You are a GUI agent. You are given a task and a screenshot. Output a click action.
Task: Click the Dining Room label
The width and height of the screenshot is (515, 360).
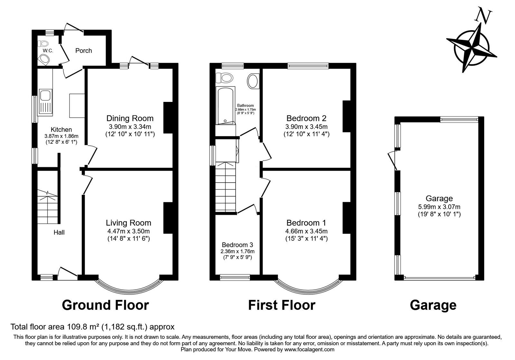130,118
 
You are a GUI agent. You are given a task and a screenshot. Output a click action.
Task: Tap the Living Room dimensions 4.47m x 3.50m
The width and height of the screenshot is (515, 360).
128,231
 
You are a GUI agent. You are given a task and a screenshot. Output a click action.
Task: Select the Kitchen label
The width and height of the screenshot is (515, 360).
61,130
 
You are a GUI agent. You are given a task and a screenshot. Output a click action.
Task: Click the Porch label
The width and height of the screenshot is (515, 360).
84,50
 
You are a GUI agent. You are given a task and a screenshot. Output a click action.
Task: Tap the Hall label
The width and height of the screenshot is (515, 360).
59,232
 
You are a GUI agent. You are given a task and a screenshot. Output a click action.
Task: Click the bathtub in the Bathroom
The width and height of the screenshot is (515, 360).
225,106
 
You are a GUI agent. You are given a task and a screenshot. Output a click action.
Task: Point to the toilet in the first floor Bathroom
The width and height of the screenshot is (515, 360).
224,77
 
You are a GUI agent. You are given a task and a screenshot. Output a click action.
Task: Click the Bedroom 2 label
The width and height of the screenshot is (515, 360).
306,118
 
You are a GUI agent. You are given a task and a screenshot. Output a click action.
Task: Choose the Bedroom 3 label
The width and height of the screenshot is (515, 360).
238,245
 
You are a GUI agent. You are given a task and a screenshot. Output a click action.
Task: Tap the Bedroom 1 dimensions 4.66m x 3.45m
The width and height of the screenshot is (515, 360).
306,231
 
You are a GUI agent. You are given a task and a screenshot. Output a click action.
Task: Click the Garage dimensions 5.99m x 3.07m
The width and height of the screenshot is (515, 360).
439,207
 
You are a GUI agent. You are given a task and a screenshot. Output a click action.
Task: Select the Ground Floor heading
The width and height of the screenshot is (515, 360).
106,305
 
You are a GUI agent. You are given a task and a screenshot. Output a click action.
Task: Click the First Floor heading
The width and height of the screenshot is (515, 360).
282,305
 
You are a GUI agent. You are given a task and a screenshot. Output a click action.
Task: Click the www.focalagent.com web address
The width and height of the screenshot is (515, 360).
309,349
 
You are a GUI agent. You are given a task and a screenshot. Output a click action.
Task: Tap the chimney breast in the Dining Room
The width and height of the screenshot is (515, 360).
168,118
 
